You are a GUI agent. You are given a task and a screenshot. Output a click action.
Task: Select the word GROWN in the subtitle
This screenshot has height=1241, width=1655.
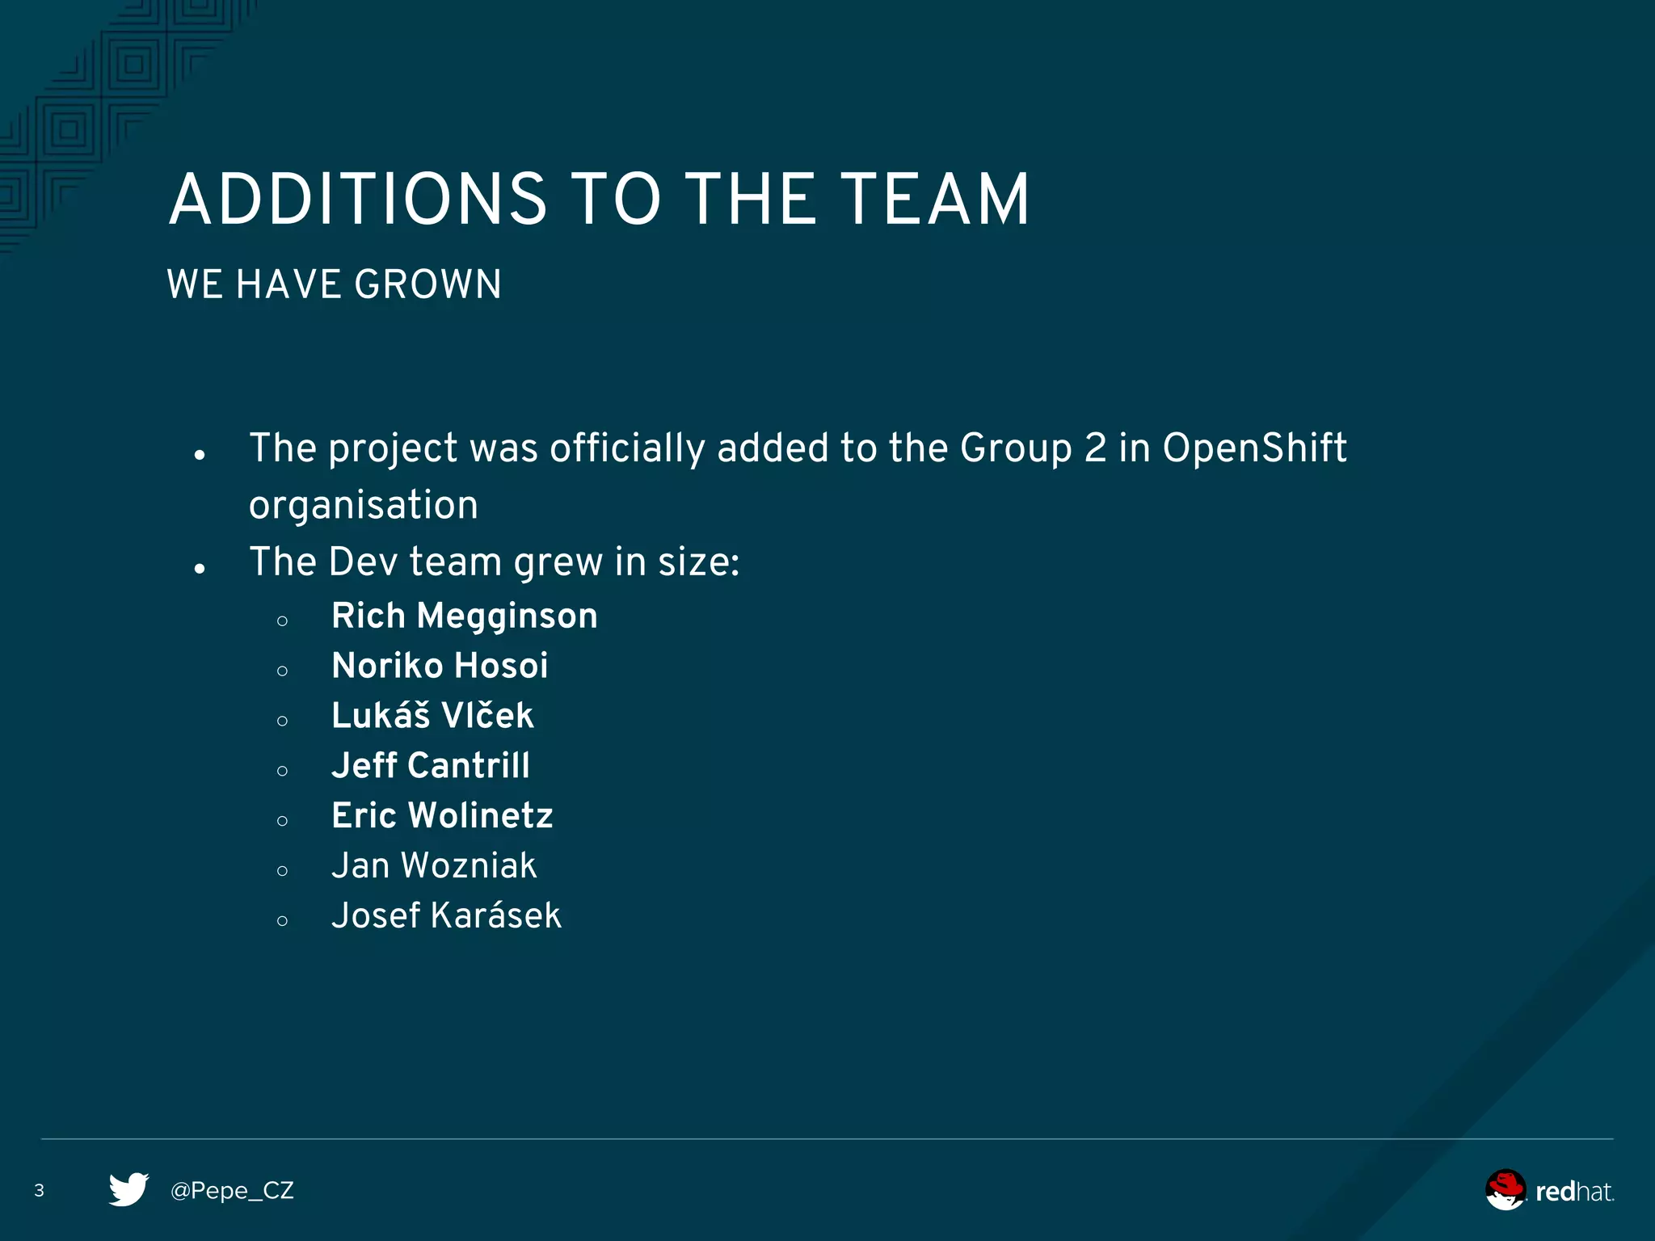click(x=428, y=284)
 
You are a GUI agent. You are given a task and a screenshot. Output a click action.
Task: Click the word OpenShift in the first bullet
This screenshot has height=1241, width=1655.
click(x=1254, y=448)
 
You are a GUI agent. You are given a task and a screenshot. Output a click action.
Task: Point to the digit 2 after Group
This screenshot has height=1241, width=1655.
click(x=1095, y=448)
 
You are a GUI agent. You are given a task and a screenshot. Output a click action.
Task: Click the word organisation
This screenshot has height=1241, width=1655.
click(x=364, y=506)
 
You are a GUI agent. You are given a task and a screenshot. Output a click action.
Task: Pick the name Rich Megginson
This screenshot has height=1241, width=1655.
click(x=465, y=616)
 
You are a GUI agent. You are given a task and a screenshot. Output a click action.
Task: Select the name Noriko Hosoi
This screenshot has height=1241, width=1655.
click(x=440, y=667)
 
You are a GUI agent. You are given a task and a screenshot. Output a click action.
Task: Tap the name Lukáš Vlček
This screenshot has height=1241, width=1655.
click(x=432, y=716)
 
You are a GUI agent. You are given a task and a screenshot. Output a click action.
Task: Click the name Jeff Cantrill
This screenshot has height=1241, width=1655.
click(x=431, y=766)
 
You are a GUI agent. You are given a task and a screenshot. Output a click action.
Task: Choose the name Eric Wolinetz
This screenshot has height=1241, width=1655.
click(x=442, y=816)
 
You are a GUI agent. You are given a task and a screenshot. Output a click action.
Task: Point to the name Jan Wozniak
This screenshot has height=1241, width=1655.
click(x=434, y=866)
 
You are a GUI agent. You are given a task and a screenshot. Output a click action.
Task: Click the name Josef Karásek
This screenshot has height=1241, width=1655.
click(x=446, y=916)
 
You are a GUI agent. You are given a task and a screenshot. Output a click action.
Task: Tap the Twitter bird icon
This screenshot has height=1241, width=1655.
click(x=128, y=1189)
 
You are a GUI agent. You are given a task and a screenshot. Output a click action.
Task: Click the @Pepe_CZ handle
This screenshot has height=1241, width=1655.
click(x=232, y=1191)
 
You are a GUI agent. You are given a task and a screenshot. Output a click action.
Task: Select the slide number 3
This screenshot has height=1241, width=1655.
click(x=39, y=1190)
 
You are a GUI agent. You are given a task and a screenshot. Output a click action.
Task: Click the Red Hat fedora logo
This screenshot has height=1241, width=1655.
click(x=1506, y=1189)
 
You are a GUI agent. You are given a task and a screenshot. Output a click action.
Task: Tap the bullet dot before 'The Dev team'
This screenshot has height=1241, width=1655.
click(x=200, y=569)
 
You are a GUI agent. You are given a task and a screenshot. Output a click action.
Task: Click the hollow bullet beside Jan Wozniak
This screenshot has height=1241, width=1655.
click(x=282, y=871)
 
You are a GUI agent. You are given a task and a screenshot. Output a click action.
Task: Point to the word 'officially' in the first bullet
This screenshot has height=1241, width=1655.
click(x=628, y=449)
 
